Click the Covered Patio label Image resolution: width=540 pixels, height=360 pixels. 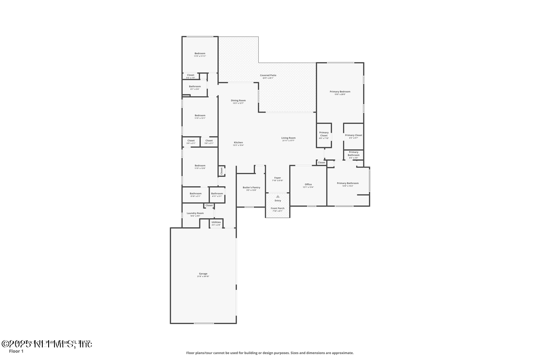point(268,75)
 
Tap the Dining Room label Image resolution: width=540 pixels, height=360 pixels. point(238,100)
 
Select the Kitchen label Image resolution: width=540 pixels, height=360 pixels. point(238,142)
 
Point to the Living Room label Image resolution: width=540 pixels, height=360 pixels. point(288,138)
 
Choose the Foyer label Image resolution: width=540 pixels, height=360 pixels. point(278,178)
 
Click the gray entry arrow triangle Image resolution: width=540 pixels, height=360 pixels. point(278,196)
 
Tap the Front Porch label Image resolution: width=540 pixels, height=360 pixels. point(277,208)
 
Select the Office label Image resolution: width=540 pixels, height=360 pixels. point(308,184)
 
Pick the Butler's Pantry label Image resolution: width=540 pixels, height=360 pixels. point(251,187)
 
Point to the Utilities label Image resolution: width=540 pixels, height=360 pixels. point(216,222)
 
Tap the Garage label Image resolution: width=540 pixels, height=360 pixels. point(203,274)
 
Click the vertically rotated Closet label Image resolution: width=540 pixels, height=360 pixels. point(221,171)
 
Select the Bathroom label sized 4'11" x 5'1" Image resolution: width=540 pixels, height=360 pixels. point(217,193)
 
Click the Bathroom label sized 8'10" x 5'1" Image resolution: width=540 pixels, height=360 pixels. point(195,193)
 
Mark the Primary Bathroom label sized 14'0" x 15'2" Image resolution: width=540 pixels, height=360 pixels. point(348,183)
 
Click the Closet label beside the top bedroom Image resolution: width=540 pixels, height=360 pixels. point(191,75)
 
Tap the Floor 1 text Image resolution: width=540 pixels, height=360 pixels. point(16,351)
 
